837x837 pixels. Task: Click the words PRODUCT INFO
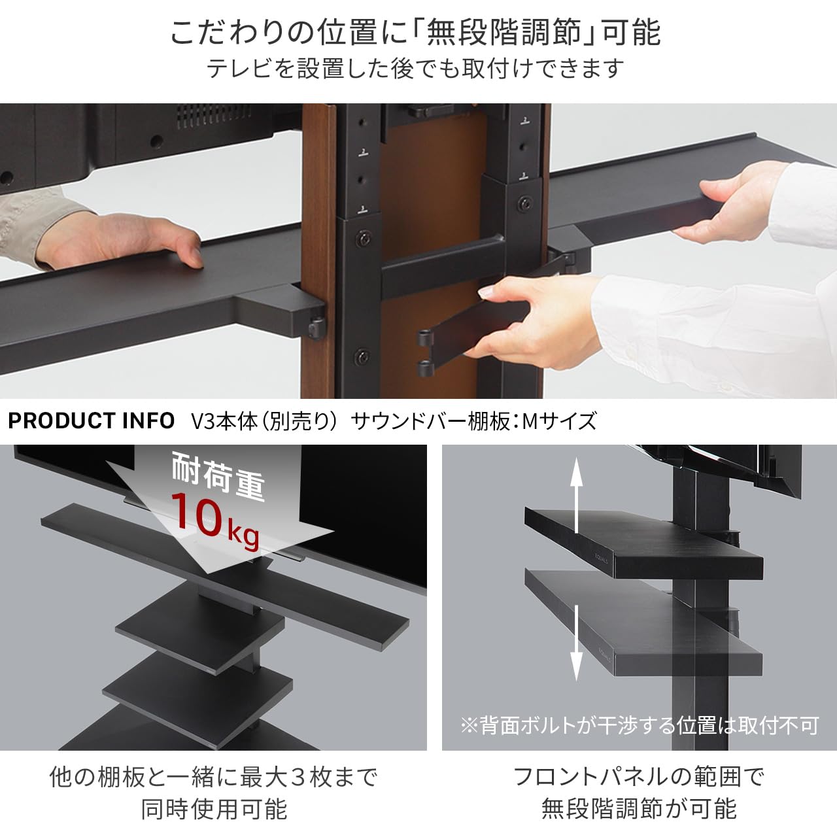pos(91,420)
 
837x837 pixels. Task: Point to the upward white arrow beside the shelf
pos(575,494)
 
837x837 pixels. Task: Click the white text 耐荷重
pos(218,476)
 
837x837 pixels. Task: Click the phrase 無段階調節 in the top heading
pos(503,33)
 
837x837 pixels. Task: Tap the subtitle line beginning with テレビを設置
pos(415,68)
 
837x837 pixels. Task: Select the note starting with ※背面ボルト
pos(639,725)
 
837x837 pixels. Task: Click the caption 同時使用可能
pos(214,809)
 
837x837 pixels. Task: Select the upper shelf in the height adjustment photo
pos(644,543)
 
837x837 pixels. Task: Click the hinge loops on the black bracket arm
pos(426,353)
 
